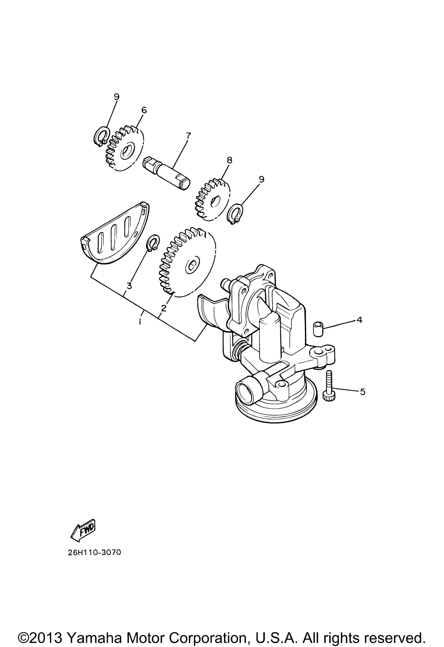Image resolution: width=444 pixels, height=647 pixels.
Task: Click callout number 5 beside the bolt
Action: pos(362,392)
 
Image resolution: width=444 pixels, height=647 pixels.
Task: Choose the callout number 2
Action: pos(164,308)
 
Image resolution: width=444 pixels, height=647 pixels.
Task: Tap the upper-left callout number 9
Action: pos(116,97)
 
